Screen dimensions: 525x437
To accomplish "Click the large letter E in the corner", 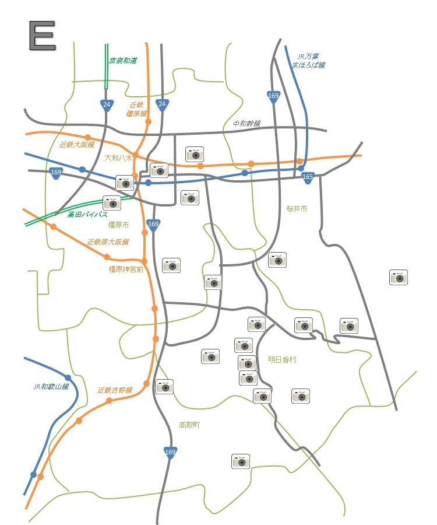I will [41, 36].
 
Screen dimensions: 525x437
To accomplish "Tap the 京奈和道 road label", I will [123, 60].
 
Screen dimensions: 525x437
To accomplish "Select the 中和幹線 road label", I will [246, 124].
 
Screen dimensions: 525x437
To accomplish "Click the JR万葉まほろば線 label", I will [308, 61].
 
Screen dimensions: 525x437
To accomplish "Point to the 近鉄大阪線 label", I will [77, 144].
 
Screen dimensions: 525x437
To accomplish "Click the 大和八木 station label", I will [119, 157].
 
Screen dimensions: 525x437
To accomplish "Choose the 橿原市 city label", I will [118, 225].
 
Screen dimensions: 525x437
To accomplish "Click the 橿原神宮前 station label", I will [126, 269].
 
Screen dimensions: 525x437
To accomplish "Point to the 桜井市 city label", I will [297, 208].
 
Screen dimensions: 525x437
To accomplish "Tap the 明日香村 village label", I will [282, 359].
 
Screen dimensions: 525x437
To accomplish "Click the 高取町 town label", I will [189, 425].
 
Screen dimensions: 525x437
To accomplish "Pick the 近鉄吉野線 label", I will [115, 390].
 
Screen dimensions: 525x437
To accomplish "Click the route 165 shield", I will [308, 177].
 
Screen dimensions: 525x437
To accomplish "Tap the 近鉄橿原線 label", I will [137, 109].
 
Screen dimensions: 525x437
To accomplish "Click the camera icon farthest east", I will [399, 277].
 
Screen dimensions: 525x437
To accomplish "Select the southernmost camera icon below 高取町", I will [241, 461].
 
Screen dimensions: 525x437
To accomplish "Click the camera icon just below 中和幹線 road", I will [195, 154].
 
